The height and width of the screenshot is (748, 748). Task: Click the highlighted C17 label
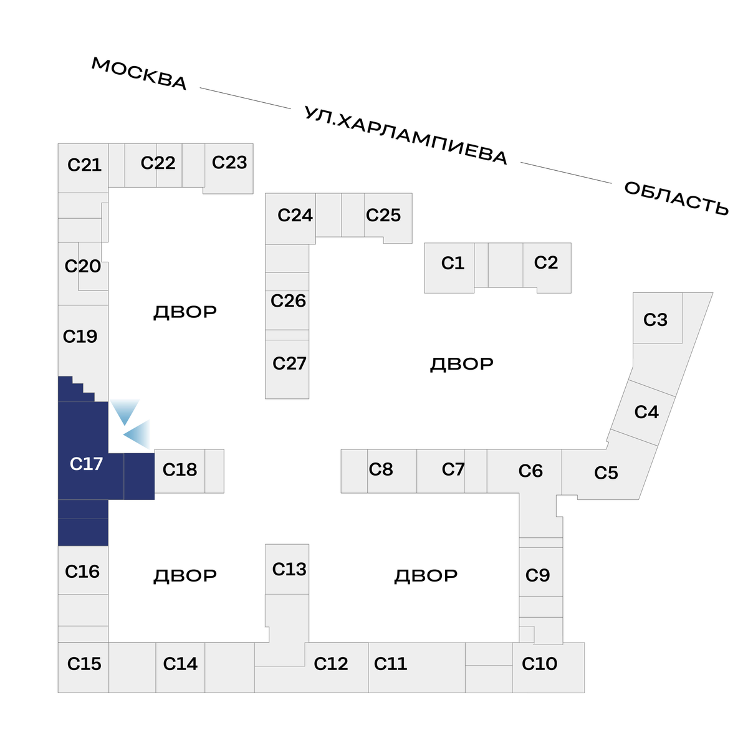pos(86,464)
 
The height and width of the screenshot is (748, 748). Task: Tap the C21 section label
pos(84,165)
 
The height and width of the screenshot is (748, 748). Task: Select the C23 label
pos(229,162)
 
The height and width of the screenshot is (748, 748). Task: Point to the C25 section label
pos(383,215)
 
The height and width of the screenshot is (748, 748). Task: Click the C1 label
pos(453,263)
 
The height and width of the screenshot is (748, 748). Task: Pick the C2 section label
pos(546,262)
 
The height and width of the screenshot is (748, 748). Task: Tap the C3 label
pos(655,320)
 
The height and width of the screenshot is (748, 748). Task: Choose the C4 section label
pos(646,412)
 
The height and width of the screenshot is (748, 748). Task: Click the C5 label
pos(606,472)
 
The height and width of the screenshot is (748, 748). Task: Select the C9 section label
pos(537,575)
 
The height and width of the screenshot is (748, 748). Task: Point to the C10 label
pos(539,663)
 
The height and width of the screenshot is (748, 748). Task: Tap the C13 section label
pos(289,570)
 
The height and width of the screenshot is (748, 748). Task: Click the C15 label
pos(84,663)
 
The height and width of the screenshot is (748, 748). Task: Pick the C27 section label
pos(289,363)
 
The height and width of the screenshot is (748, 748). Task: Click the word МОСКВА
pos(140,74)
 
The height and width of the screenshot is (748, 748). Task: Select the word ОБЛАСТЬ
pos(676,198)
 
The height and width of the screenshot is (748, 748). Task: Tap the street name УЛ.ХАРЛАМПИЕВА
pos(406,135)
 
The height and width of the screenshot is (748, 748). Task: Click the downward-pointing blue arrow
pos(125,412)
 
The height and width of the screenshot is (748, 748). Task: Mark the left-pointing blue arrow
pos(137,434)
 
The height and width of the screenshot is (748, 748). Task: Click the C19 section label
pos(80,336)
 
